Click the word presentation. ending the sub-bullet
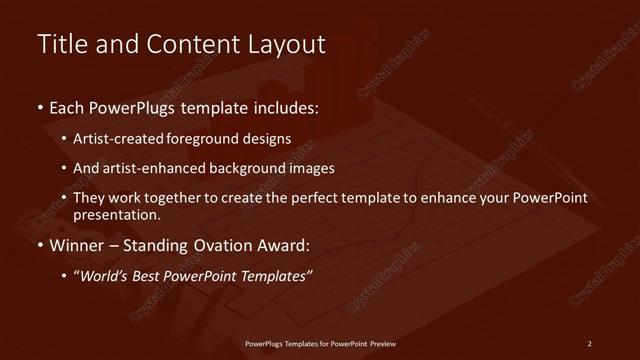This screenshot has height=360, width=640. [116, 214]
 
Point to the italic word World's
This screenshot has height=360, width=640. [104, 277]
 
